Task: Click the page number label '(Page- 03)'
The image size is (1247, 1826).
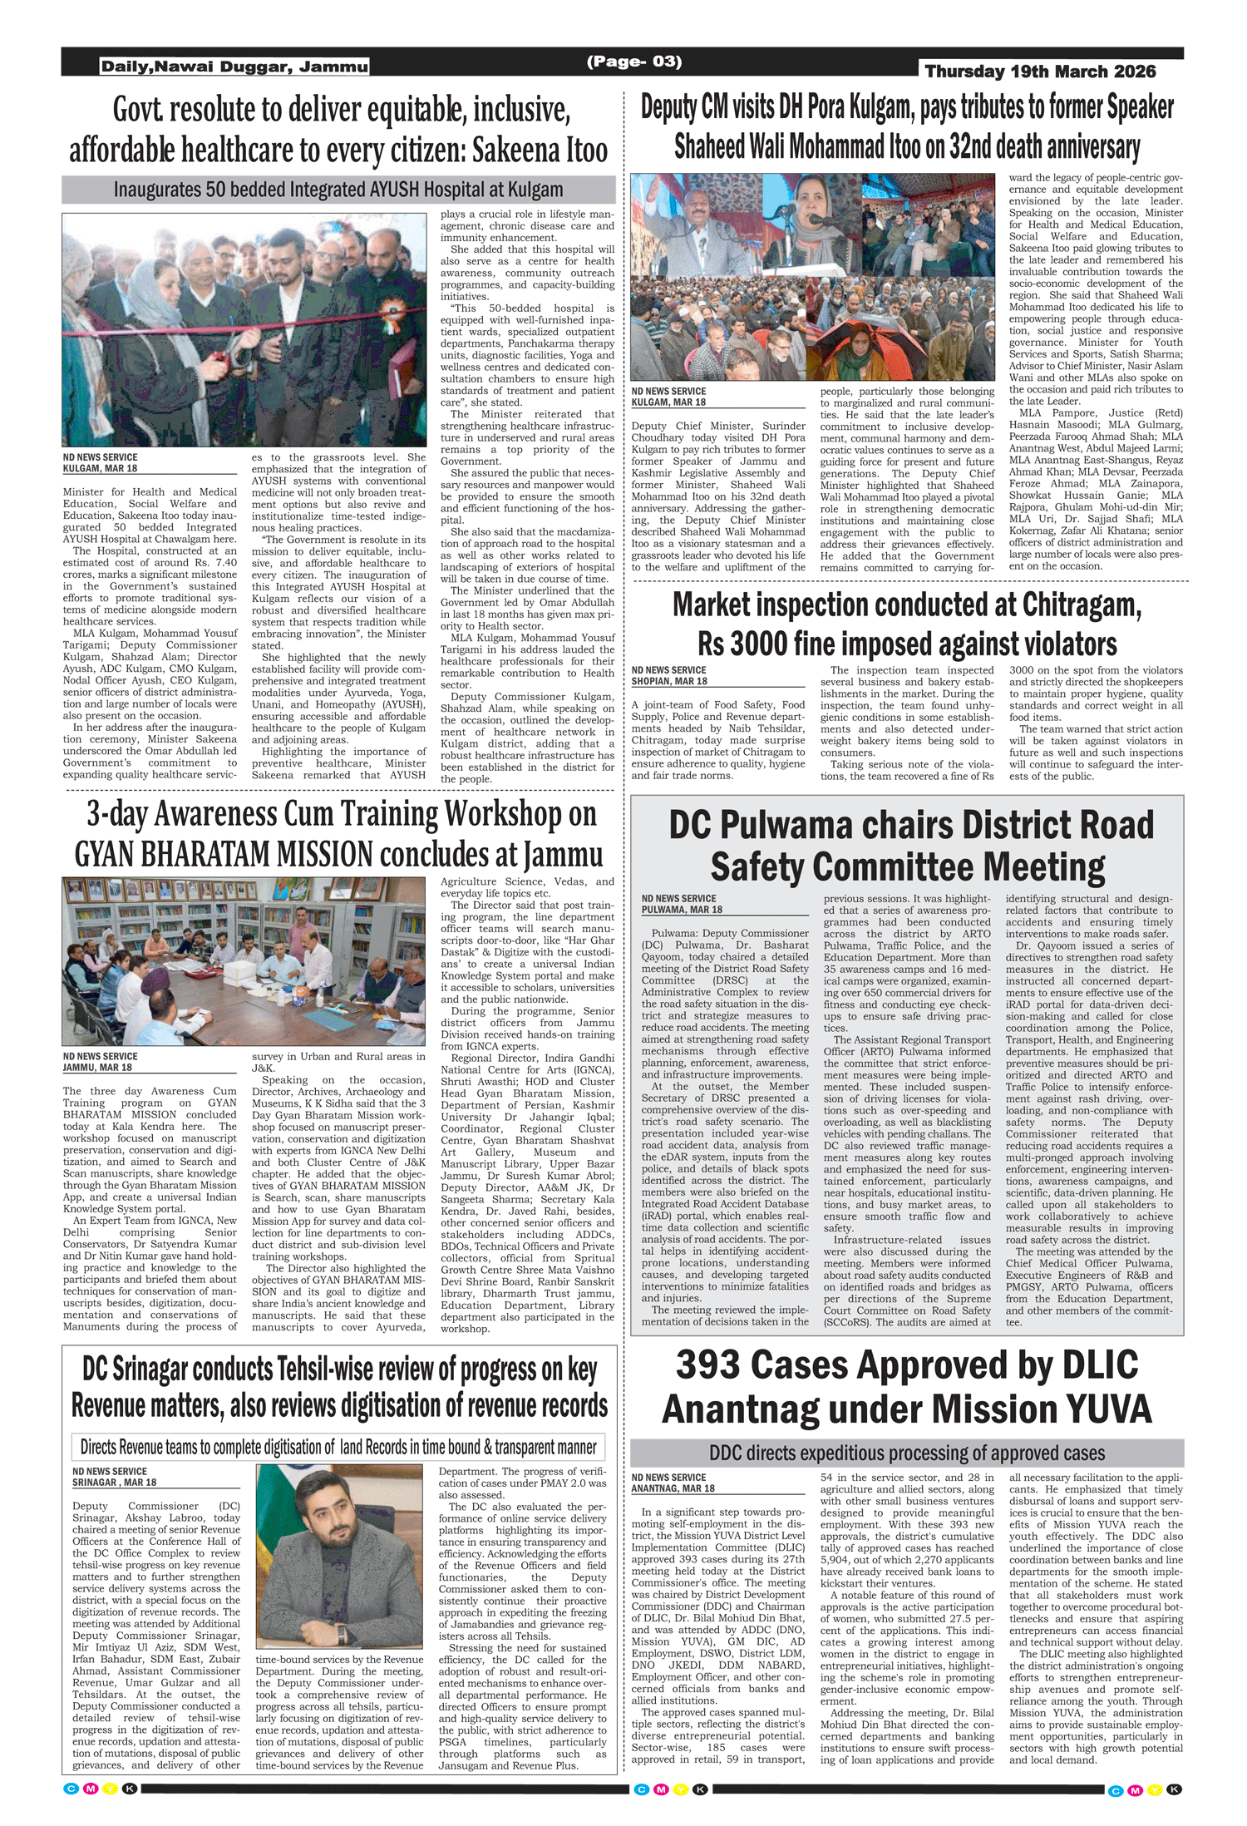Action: coord(633,62)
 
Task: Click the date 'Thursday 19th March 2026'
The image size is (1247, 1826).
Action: coord(1040,72)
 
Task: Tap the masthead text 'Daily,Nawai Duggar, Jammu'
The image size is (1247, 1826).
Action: coord(234,67)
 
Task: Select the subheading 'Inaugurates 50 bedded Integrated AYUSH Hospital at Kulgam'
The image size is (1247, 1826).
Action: coord(338,190)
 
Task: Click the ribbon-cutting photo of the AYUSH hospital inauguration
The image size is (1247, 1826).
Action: coord(244,330)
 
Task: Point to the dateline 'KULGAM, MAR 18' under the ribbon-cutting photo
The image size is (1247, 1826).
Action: coord(101,468)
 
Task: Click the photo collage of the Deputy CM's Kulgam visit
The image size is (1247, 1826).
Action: coord(812,277)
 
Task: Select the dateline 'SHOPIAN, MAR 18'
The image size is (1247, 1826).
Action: coord(669,681)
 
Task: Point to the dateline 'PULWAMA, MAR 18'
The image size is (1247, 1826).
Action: coord(682,910)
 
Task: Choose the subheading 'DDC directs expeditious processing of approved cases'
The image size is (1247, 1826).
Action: coord(907,1453)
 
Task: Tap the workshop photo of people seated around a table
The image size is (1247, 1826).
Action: coord(244,960)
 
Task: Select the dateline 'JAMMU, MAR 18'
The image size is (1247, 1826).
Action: coord(97,1068)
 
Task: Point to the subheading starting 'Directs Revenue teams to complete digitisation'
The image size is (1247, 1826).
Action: coord(338,1447)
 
